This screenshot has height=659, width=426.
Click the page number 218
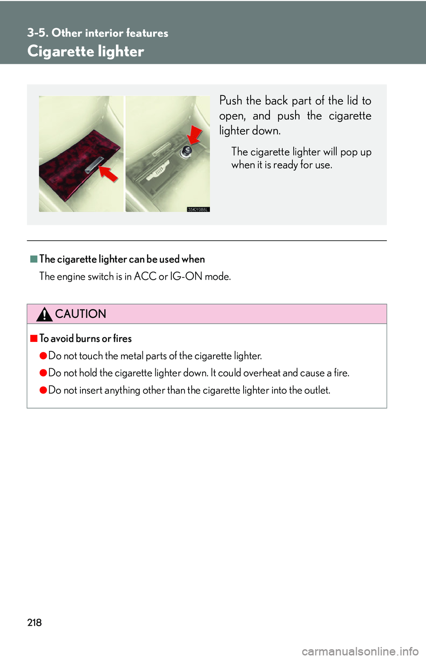point(35,623)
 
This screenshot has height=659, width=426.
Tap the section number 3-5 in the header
point(37,33)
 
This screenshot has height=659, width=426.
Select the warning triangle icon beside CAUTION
point(44,314)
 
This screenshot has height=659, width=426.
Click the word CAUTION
point(81,314)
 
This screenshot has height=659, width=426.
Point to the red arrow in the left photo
point(108,172)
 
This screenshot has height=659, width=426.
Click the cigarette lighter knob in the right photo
point(186,152)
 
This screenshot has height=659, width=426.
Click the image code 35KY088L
point(198,210)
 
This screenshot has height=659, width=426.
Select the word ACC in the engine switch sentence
point(145,276)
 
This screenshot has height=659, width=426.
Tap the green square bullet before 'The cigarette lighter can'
point(34,259)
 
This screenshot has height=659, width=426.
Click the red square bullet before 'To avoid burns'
point(34,338)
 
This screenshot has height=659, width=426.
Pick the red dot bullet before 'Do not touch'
point(43,356)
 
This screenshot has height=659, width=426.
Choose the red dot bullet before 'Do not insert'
point(43,390)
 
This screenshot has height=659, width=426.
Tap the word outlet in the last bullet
point(317,390)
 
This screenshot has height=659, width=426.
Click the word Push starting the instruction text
point(231,101)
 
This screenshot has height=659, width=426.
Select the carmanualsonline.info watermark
point(360,651)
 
